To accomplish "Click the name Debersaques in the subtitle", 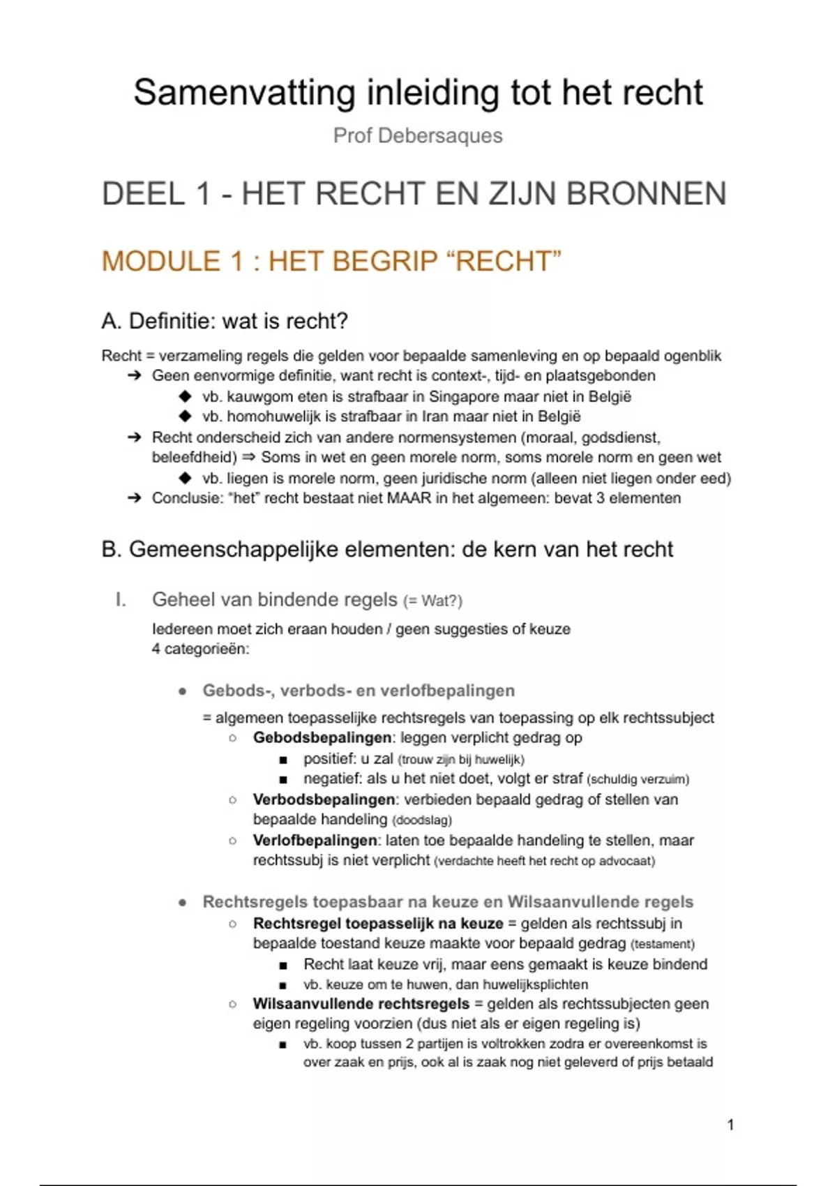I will [439, 135].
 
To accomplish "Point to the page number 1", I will [730, 1125].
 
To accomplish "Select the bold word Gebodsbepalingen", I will [322, 738].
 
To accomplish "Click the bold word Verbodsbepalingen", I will [324, 800].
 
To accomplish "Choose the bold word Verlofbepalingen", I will [315, 841].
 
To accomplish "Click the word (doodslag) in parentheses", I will [422, 820].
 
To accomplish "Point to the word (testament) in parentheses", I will [663, 945].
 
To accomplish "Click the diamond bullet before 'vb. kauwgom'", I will [185, 397].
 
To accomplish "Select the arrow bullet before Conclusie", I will [134, 499].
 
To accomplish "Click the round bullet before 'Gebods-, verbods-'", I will [183, 691].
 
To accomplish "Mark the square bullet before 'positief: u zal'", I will [282, 760].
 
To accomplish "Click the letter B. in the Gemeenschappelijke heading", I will [112, 550].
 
